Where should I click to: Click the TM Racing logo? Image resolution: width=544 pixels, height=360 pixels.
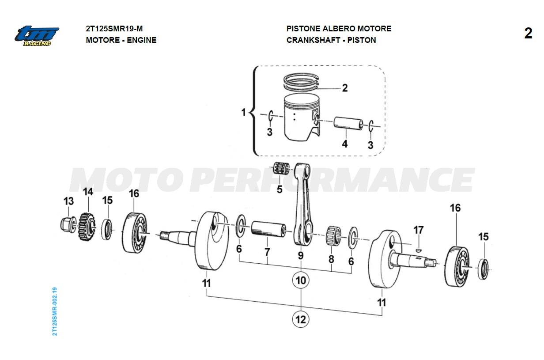[x=37, y=35]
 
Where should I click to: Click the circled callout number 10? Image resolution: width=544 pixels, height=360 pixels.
[x=301, y=280]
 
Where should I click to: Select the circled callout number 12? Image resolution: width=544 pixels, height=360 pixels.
[x=301, y=319]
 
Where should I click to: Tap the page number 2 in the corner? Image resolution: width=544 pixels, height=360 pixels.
[x=528, y=34]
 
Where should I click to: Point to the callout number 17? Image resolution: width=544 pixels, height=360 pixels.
[x=418, y=230]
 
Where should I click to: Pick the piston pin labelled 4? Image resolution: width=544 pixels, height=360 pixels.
[x=348, y=124]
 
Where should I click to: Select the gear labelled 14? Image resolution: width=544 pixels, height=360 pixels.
[x=87, y=227]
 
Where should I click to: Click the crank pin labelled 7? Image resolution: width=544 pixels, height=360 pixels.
[x=268, y=230]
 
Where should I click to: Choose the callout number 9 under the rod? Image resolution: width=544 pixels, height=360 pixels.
[x=301, y=255]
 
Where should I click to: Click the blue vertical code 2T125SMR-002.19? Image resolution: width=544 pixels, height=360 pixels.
[x=54, y=311]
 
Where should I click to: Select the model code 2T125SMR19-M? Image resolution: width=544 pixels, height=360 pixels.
[x=114, y=29]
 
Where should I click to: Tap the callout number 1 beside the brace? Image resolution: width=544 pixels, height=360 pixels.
[x=243, y=113]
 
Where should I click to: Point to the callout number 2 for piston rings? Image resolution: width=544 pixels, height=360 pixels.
[x=345, y=88]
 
